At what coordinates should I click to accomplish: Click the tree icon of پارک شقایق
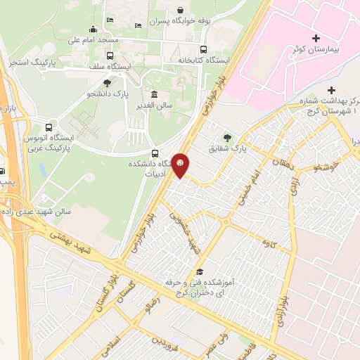pos(226,137)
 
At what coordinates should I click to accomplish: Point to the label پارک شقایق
pos(229,149)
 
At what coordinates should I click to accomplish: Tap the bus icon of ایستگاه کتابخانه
pos(203,49)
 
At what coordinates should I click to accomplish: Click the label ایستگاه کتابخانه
pos(203,61)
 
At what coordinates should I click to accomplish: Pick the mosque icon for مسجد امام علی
pos(93,29)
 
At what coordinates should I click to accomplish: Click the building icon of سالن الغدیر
pos(154,95)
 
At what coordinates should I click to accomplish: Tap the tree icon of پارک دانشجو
pos(107,83)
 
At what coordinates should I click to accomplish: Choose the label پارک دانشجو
pos(106,95)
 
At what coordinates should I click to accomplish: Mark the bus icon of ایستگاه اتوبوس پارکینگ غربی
pos(49,128)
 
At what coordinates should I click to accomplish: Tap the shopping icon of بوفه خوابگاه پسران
pos(181,10)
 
